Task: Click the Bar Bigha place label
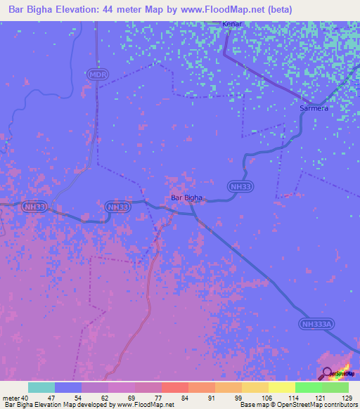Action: [186, 198]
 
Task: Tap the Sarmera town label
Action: [314, 109]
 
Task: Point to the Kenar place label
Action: [232, 24]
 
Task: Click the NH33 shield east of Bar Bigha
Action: [236, 186]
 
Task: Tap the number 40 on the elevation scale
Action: [25, 398]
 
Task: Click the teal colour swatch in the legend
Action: [41, 387]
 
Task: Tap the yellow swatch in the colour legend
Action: [281, 387]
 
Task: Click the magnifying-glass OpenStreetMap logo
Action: [328, 374]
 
